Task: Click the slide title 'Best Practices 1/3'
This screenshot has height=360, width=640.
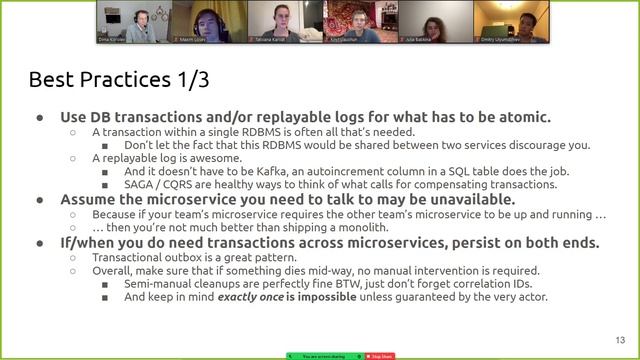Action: tap(119, 79)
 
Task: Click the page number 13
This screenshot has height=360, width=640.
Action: tap(619, 339)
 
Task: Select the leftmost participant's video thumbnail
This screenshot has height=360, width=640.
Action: tap(134, 21)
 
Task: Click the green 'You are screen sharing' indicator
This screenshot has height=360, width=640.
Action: tap(324, 355)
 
